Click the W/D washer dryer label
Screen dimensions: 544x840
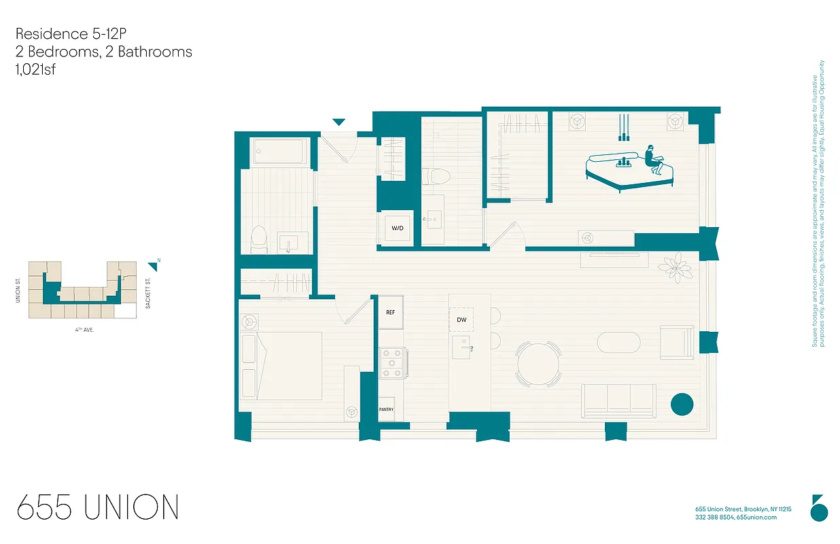pos(397,228)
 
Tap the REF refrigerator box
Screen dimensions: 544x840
pos(391,313)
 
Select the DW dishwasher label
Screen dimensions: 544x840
pos(461,320)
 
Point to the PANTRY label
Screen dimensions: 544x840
pos(386,409)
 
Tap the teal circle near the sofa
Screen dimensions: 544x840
pos(682,404)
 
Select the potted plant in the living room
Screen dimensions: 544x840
pos(676,267)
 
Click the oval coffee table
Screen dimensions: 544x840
pos(618,342)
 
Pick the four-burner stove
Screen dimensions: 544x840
pos(392,362)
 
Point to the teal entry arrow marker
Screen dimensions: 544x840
pos(338,122)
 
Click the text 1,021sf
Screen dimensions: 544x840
pos(35,69)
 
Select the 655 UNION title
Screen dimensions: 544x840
pos(98,508)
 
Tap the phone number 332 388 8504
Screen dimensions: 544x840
pos(714,517)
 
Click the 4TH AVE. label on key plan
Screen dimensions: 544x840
pos(84,329)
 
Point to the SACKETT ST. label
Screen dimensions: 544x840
pos(147,292)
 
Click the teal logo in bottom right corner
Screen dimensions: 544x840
pos(820,508)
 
